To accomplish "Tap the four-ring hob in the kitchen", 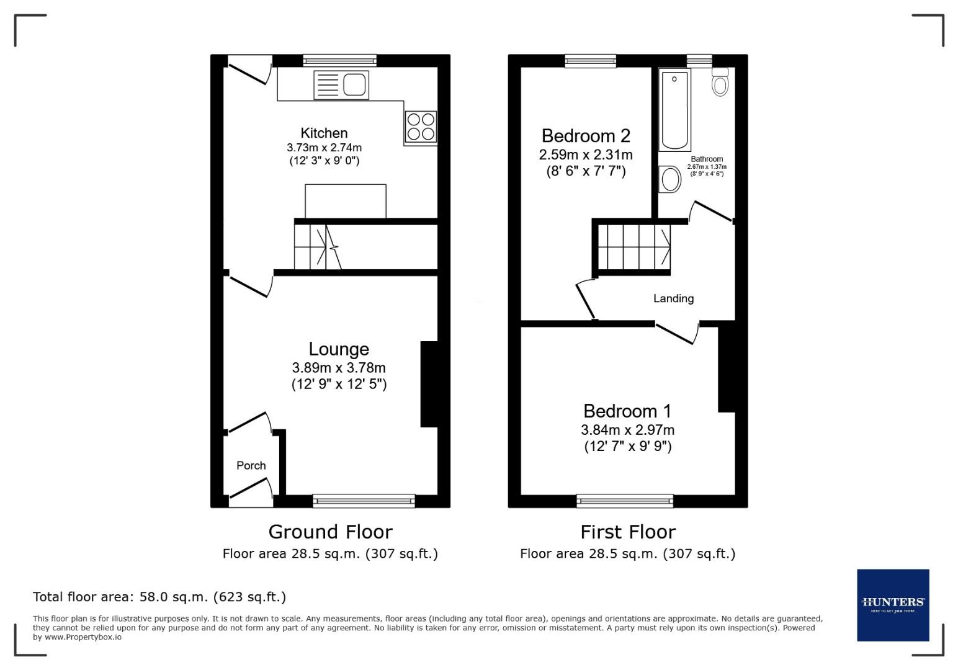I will [421, 127].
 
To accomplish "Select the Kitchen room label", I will [324, 133].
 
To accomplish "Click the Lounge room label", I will [339, 349].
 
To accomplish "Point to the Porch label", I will [251, 465].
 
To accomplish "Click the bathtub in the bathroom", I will [674, 110].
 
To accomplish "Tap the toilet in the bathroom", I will [720, 82].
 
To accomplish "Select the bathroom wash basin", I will [670, 180].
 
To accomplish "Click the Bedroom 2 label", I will [586, 135].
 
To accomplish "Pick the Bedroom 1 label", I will [627, 411].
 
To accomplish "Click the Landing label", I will [673, 298].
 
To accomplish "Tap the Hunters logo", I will [893, 605].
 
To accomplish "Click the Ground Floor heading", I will [330, 532].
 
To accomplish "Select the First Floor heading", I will [628, 532].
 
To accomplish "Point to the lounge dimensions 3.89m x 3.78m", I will [339, 368].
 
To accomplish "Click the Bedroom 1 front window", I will [625, 501].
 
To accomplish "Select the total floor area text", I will [159, 597].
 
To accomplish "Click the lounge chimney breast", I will [429, 384].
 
